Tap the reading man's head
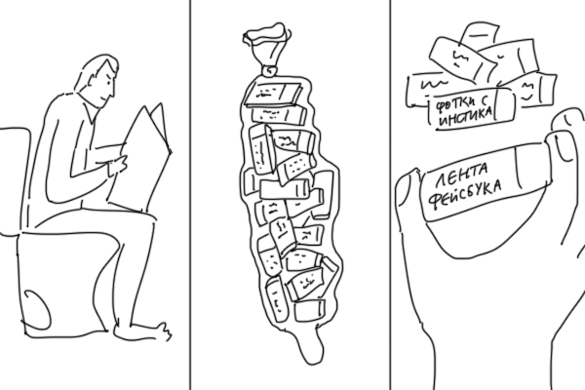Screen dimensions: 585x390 (98, 80)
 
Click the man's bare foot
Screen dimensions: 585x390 (141, 331)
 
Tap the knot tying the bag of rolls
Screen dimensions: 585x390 (269, 70)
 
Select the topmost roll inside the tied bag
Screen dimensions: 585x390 (272, 94)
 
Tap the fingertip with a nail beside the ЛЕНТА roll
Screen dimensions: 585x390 (566, 135)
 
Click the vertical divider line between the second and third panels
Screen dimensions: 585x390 (390, 195)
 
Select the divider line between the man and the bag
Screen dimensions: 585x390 (190, 195)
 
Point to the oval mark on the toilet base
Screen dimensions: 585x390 (36, 309)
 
